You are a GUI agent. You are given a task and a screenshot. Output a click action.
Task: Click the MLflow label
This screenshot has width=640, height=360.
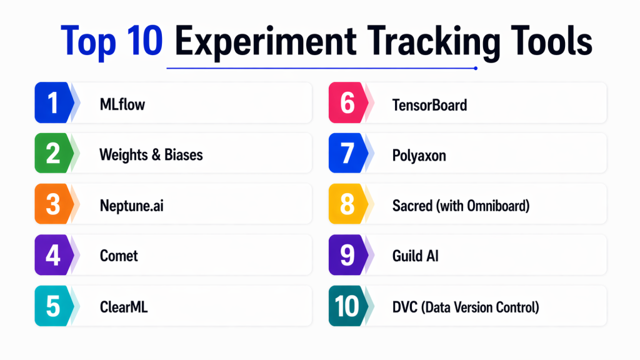pos(122,104)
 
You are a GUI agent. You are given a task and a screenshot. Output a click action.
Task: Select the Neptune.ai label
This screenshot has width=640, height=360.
pos(131,206)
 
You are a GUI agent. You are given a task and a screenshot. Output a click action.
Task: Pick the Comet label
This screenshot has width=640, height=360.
pos(119,256)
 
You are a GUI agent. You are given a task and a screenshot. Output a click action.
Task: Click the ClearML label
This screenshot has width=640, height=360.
pos(124,307)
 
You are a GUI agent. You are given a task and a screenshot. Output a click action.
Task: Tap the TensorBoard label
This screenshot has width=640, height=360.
pos(429,105)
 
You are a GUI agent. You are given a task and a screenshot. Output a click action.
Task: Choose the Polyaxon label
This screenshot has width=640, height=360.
pos(419,156)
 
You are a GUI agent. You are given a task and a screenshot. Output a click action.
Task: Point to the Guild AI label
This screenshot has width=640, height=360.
pos(415,256)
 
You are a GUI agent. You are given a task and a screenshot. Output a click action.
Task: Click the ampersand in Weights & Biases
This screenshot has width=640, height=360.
pos(156,155)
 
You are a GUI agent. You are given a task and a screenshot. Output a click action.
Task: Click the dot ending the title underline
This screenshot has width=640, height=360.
pos(476,68)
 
